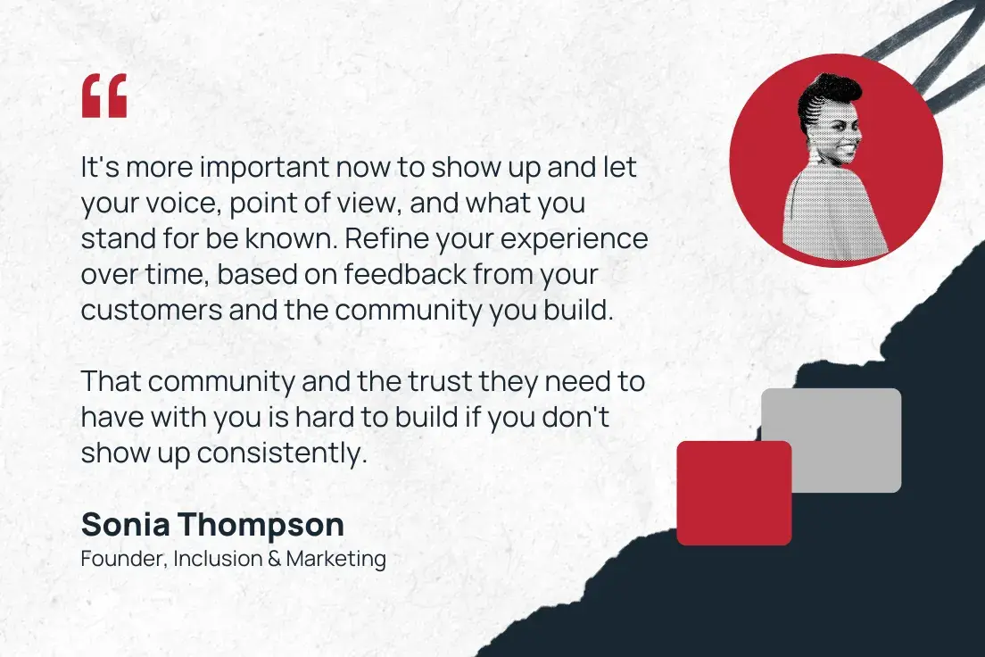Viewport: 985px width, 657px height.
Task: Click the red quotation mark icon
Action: (x=104, y=96)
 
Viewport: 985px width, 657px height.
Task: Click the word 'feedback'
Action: (x=408, y=275)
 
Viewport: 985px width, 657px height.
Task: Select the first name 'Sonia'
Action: (x=124, y=525)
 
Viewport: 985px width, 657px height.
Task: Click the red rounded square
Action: (x=733, y=493)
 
